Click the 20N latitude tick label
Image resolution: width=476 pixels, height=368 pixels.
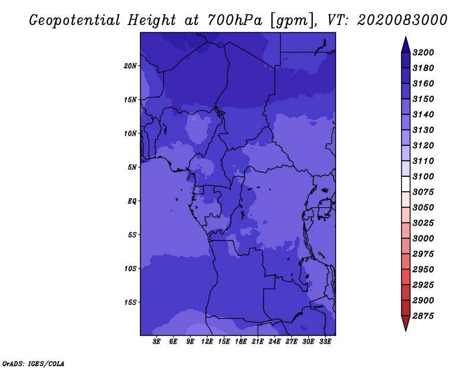(130, 66)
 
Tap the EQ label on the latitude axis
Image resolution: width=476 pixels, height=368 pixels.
(132, 201)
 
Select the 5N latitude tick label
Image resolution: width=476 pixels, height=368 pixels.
(132, 167)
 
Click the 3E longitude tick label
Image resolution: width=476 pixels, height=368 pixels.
(156, 342)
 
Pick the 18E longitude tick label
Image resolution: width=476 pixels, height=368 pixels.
(241, 342)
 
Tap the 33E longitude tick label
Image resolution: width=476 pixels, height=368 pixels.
(325, 342)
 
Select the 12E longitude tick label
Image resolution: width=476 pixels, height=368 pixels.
(207, 342)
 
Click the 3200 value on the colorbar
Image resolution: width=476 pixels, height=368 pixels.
(423, 52)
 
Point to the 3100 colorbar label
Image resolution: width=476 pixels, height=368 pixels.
(423, 176)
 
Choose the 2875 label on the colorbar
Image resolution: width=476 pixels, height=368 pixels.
(423, 316)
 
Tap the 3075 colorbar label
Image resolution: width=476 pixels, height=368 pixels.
(423, 192)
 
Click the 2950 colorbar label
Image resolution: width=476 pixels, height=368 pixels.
(423, 269)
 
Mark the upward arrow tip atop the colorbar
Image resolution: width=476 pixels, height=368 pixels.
(406, 37)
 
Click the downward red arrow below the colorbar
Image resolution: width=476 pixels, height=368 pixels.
(406, 323)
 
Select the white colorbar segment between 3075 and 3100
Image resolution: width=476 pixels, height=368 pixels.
(406, 184)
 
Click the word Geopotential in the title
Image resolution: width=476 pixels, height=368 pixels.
(75, 20)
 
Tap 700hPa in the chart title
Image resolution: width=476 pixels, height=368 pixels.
(234, 20)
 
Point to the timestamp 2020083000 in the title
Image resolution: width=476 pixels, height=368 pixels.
(402, 20)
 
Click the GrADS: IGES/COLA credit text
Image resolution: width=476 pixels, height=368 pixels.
(33, 363)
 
